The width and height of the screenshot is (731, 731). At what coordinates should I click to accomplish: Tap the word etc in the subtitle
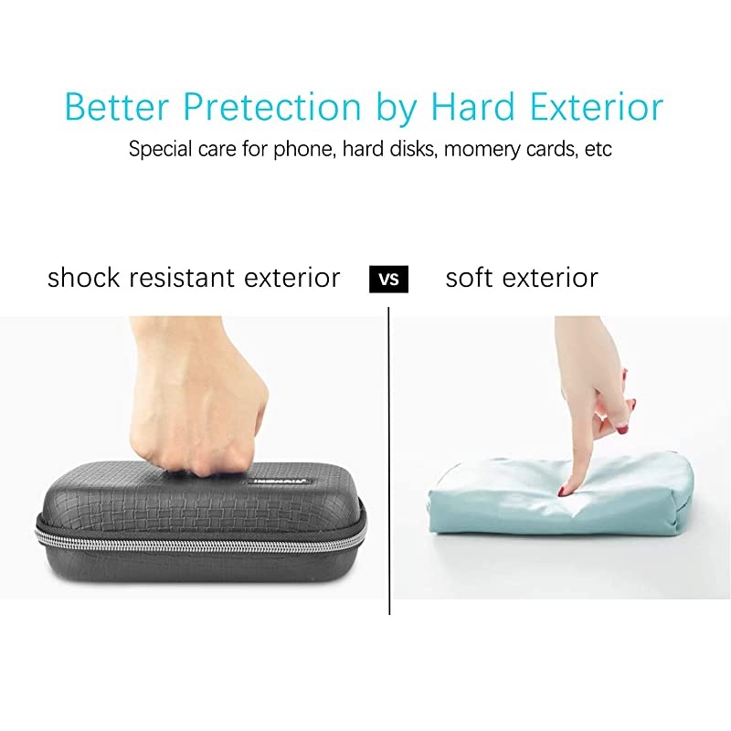click(599, 149)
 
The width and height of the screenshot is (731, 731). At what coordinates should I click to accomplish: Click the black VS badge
click(388, 279)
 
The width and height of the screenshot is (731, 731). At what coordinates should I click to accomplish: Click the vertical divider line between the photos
click(389, 457)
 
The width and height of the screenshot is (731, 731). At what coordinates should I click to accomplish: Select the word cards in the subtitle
click(551, 149)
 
